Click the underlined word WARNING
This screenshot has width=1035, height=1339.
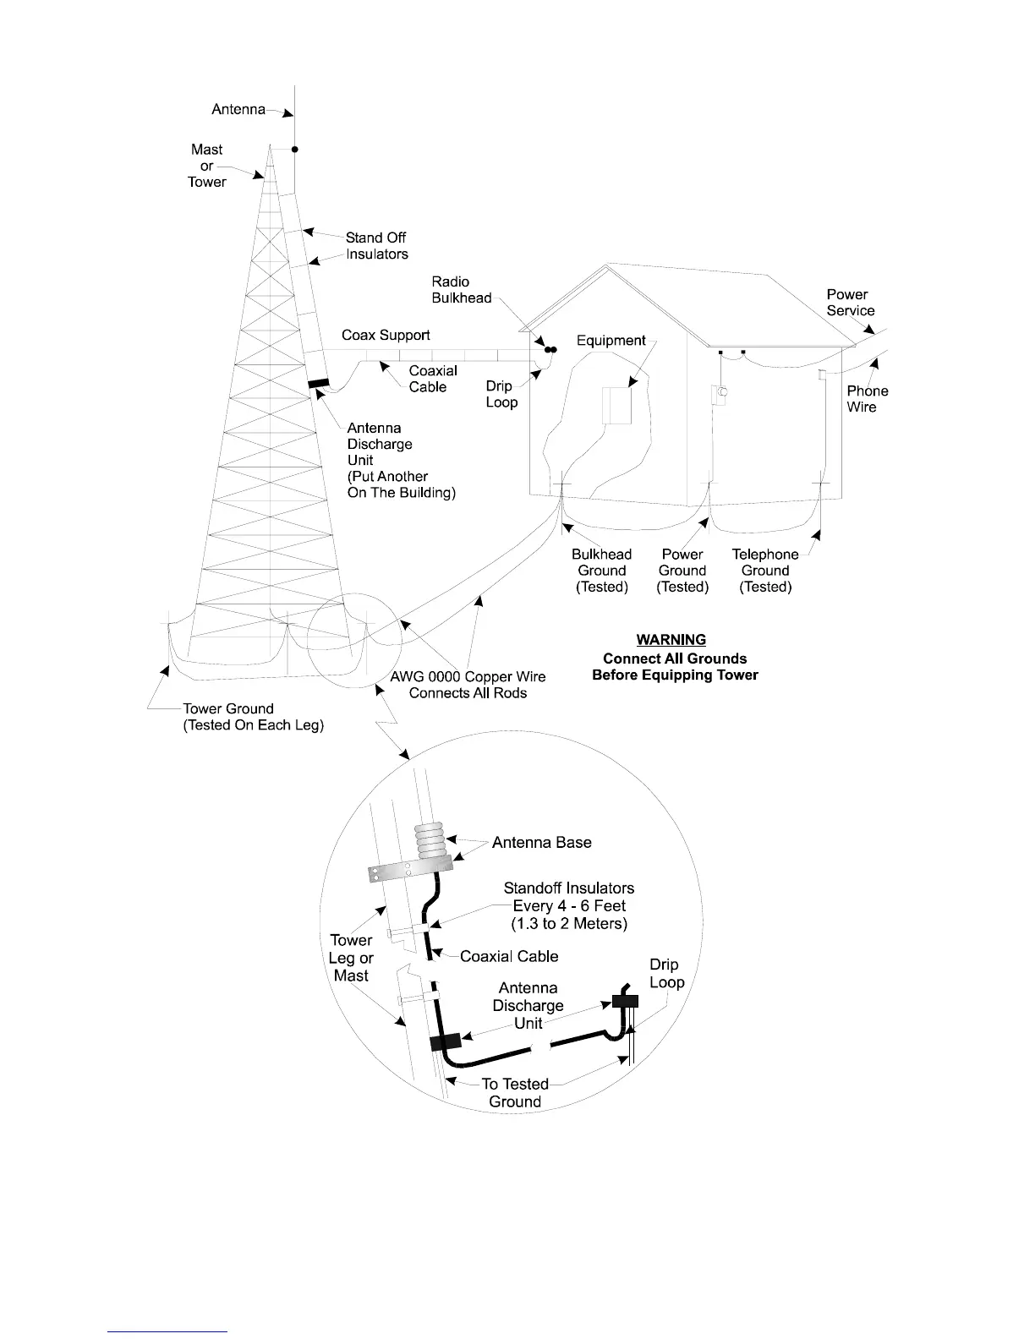(x=671, y=640)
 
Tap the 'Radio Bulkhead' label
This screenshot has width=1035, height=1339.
(x=462, y=290)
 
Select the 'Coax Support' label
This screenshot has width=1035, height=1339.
(x=386, y=336)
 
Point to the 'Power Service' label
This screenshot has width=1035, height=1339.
(x=850, y=303)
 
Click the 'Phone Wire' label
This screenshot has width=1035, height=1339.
(x=867, y=399)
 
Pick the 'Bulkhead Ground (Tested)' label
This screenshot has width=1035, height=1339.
(x=602, y=571)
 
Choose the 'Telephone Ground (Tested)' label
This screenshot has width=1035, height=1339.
(x=765, y=571)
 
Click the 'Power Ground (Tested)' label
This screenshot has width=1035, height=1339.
(x=682, y=571)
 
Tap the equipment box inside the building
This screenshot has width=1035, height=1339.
(x=617, y=405)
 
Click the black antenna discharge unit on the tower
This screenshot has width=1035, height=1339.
(x=319, y=385)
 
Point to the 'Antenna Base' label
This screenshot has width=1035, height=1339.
(x=541, y=843)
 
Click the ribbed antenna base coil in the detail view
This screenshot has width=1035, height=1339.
(x=430, y=842)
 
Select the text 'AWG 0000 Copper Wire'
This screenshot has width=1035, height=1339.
(x=468, y=677)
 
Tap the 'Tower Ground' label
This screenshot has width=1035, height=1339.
(x=228, y=709)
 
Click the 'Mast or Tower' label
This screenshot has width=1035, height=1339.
(x=207, y=166)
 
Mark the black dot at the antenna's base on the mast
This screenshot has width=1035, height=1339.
(x=295, y=150)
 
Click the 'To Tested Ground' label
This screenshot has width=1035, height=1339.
(x=515, y=1093)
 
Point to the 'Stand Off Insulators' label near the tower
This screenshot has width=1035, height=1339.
(x=376, y=246)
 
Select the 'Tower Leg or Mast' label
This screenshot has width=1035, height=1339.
(x=351, y=958)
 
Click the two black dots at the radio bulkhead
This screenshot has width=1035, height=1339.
(x=550, y=349)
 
